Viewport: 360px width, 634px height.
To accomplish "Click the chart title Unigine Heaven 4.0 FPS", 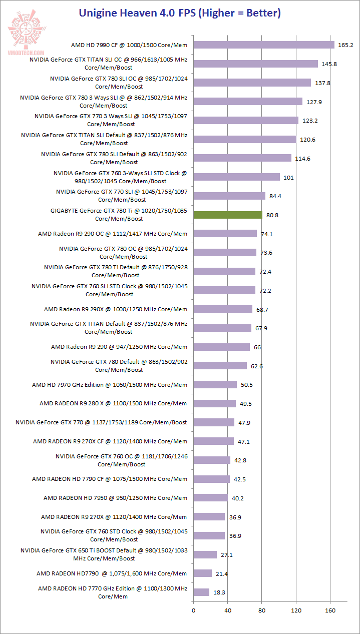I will click(180, 13).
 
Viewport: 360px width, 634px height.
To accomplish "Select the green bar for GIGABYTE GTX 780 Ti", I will click(228, 215).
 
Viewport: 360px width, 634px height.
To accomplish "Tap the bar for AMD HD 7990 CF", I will click(264, 45).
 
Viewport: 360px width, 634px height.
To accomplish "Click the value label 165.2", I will click(345, 45).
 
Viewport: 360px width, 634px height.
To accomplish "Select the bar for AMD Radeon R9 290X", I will click(223, 309).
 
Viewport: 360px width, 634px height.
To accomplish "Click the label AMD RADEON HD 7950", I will click(115, 498).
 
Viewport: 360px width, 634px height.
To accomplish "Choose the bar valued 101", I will click(236, 177).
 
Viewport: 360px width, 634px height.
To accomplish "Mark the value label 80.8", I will click(272, 215).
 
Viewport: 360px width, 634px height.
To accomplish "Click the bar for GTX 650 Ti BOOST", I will click(205, 554).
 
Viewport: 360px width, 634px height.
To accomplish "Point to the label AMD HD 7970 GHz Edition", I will click(110, 385).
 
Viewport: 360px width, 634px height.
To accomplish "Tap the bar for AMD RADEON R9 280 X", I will click(214, 403).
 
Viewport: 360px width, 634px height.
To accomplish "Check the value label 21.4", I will click(220, 573).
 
